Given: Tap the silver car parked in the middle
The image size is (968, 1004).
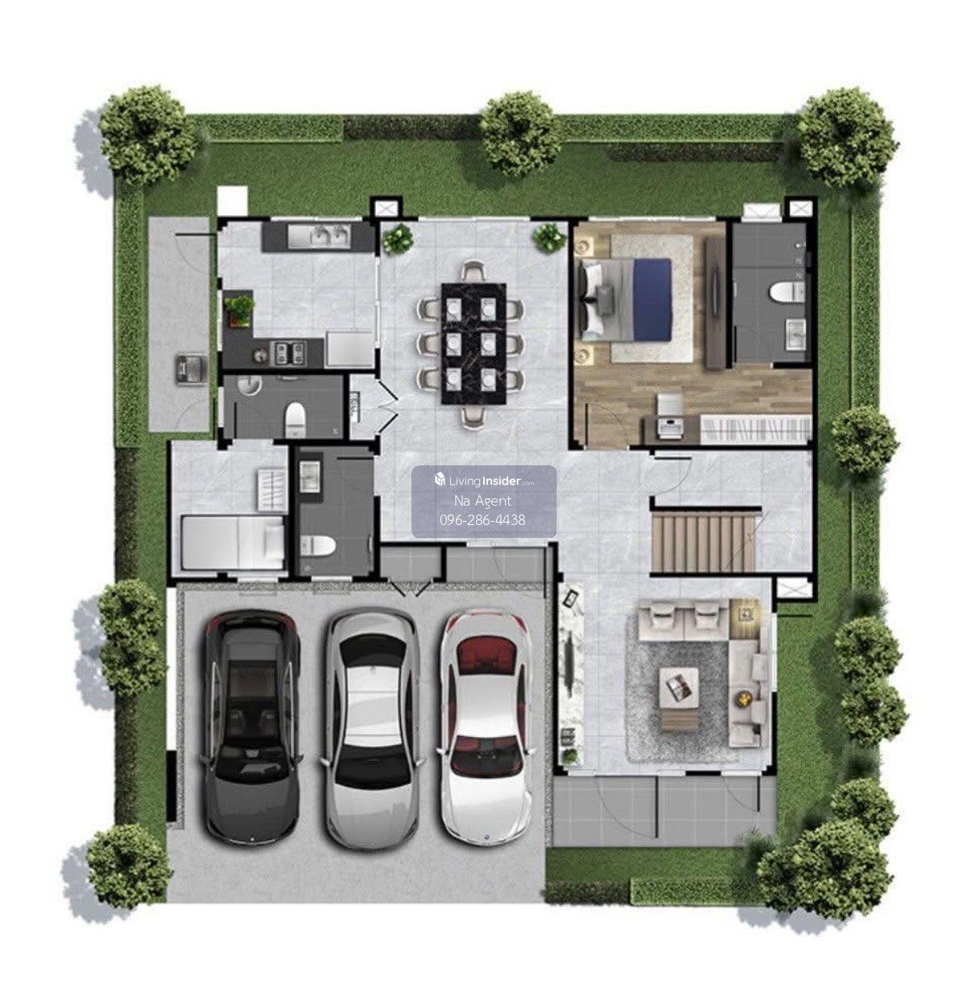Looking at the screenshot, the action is pos(372,727).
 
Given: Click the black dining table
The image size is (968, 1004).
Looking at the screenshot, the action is pos(474,344).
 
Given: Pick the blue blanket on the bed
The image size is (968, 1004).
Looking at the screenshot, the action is pos(653,299).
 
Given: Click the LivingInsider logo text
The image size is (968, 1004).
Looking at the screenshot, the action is pos(485,481).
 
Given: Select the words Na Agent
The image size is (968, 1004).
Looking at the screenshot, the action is pos(482,501).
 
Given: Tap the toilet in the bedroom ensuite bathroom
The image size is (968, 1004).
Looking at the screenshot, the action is pos(786,292).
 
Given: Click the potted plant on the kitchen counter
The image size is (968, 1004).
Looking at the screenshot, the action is pos(240,310).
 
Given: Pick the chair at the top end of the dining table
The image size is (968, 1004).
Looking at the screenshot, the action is pos(474,272).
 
